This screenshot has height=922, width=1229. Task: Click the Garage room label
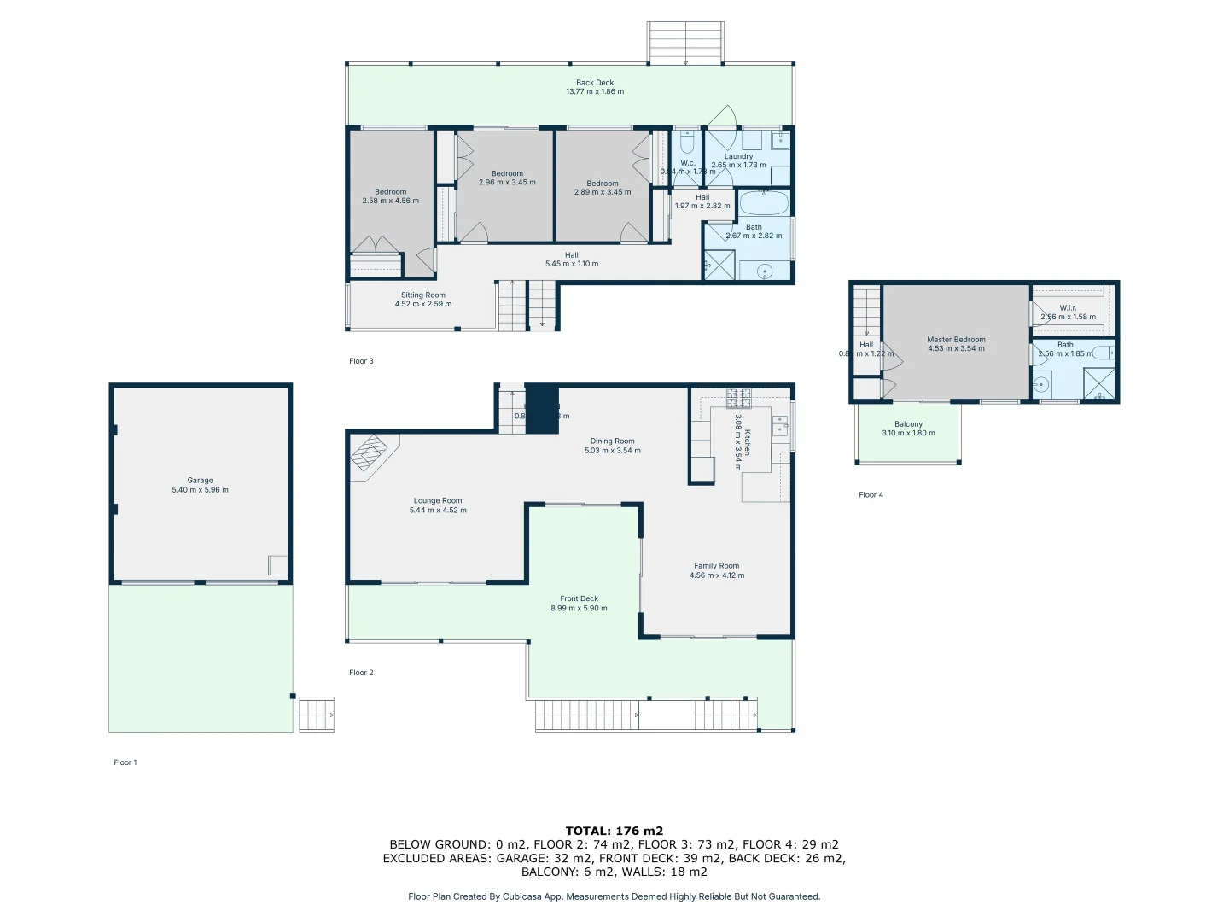pyautogui.click(x=200, y=481)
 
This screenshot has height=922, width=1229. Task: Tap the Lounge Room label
pyautogui.click(x=438, y=501)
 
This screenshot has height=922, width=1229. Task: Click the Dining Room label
pyautogui.click(x=612, y=441)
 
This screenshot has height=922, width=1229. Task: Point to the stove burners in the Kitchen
pyautogui.click(x=737, y=397)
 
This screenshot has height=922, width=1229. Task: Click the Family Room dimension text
pyautogui.click(x=716, y=575)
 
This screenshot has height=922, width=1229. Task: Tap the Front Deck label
pyautogui.click(x=579, y=598)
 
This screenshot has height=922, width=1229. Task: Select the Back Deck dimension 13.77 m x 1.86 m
pyautogui.click(x=595, y=91)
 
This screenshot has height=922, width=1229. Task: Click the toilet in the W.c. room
pyautogui.click(x=688, y=143)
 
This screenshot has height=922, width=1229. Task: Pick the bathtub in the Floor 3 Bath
pyautogui.click(x=763, y=204)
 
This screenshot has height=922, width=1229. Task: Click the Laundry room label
pyautogui.click(x=738, y=156)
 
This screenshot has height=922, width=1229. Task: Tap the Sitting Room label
pyautogui.click(x=423, y=295)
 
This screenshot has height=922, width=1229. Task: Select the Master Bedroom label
pyautogui.click(x=956, y=340)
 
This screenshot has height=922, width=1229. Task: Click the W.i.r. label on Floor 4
pyautogui.click(x=1068, y=307)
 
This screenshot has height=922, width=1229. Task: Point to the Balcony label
pyautogui.click(x=908, y=424)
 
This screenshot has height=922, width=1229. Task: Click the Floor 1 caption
pyautogui.click(x=125, y=762)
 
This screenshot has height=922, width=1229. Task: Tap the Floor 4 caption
pyautogui.click(x=871, y=494)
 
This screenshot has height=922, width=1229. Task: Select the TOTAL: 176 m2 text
pyautogui.click(x=614, y=831)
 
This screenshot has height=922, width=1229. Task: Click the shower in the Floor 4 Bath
pyautogui.click(x=1098, y=383)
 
